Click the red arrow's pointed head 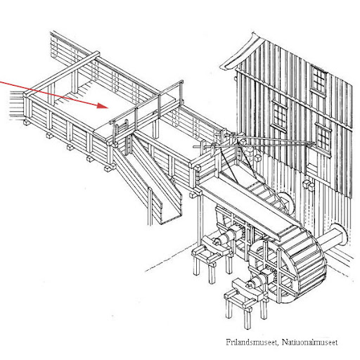click(x=103, y=105)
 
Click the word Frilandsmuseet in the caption click(x=252, y=342)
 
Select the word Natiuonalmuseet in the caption click(x=309, y=342)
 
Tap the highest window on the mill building click(x=319, y=79)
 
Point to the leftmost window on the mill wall click(x=279, y=115)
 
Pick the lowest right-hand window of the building click(x=323, y=137)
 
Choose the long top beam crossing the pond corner click(x=62, y=74)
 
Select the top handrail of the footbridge click(x=146, y=101)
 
